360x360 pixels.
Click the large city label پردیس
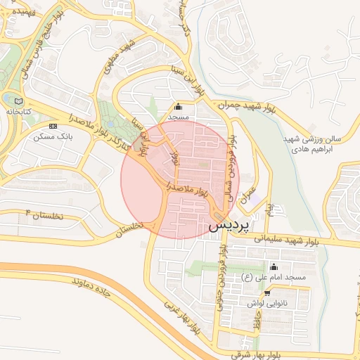point(229,225)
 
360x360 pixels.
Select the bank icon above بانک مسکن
point(53,124)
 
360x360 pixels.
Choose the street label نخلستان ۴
point(44,214)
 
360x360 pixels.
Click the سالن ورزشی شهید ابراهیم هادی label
point(310,134)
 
